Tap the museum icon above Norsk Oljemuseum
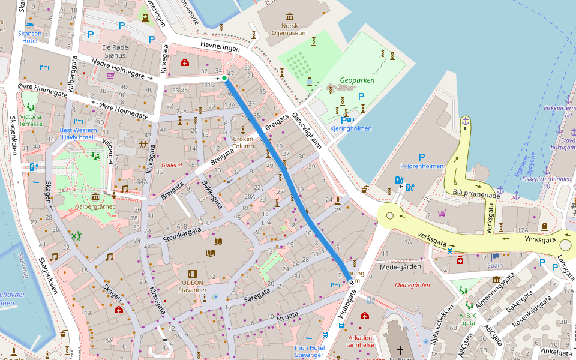click(x=290, y=16)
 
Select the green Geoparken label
click(x=356, y=79)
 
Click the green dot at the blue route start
click(x=224, y=78)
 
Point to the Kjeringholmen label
click(x=351, y=128)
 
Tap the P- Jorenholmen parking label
click(x=421, y=166)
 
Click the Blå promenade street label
click(x=476, y=194)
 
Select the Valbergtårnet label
click(x=94, y=206)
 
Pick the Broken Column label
click(x=243, y=142)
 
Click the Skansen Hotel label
click(x=30, y=37)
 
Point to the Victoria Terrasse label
click(x=31, y=120)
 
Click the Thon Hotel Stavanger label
click(x=309, y=352)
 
